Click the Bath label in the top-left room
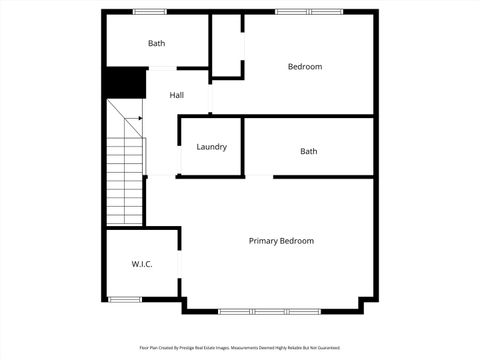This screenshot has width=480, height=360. (x=157, y=43)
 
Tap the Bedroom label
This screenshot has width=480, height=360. (x=305, y=67)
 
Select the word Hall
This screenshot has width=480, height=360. (x=176, y=95)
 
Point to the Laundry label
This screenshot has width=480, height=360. (x=211, y=147)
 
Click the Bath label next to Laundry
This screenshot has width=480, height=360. (x=309, y=151)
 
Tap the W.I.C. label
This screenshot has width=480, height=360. (x=141, y=264)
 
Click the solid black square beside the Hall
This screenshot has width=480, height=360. (x=125, y=82)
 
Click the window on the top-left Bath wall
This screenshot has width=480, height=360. (x=150, y=12)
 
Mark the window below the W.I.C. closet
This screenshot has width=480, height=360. (x=124, y=299)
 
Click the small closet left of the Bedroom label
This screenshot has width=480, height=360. (x=227, y=45)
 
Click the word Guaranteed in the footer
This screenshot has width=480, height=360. (x=327, y=348)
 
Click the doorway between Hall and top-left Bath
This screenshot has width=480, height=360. (x=162, y=68)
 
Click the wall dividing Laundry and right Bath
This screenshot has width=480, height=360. (x=244, y=147)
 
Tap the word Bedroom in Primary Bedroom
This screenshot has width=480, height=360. (x=296, y=241)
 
